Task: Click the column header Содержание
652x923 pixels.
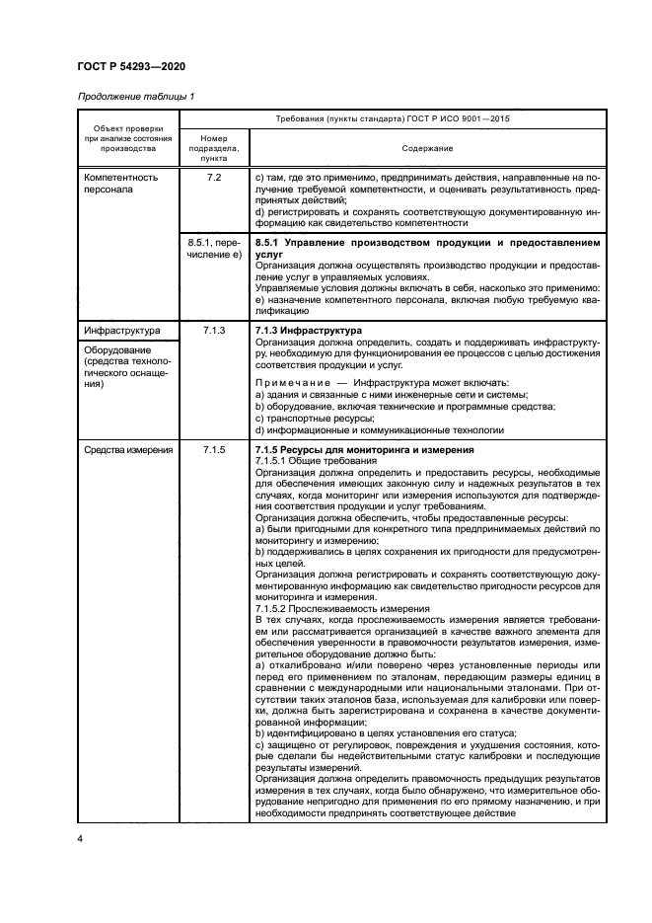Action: click(x=427, y=148)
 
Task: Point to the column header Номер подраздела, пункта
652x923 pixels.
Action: click(x=214, y=148)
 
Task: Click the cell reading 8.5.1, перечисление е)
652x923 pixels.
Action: click(x=214, y=247)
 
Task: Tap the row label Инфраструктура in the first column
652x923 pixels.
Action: click(x=119, y=330)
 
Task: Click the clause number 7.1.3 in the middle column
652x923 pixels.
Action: click(x=214, y=330)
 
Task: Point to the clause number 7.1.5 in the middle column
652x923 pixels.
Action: click(x=214, y=449)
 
